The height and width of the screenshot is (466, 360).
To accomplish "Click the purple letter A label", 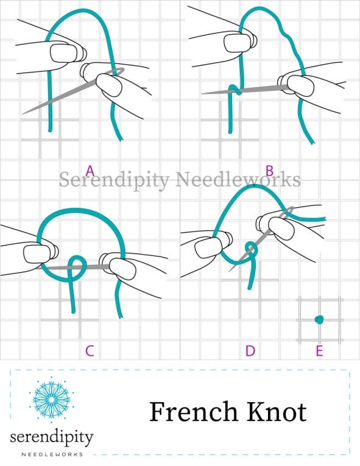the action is [x=90, y=171].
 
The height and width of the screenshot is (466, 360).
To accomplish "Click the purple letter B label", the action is [x=269, y=171].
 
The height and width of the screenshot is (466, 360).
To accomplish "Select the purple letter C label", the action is [x=90, y=351].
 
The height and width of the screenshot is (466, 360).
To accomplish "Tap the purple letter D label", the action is [x=250, y=351].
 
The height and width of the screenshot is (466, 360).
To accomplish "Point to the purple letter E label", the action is [x=319, y=351].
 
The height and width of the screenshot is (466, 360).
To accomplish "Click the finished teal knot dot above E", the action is [x=319, y=319].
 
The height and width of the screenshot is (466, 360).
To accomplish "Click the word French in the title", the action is [x=194, y=412].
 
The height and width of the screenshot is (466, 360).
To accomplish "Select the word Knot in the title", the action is [x=277, y=412].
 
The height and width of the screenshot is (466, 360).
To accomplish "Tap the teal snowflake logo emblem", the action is [x=51, y=400].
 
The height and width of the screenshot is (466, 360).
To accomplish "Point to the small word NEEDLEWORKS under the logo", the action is [x=52, y=454].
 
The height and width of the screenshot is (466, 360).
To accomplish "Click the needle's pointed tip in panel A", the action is [x=23, y=114].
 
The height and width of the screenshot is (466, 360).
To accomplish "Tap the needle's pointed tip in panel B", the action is [x=203, y=94].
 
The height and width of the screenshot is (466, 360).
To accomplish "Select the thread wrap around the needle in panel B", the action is [x=235, y=90].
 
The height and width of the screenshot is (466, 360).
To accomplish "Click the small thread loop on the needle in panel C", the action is [x=77, y=264].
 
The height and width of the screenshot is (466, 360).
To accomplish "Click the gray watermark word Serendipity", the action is [x=114, y=180].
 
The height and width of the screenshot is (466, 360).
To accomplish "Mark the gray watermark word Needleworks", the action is [x=238, y=180].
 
